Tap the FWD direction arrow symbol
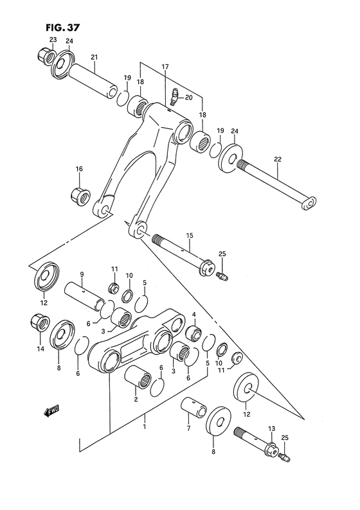coord(52,412)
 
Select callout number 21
coord(94,58)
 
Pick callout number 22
coord(277,159)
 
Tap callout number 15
coord(190,235)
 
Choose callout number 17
coord(165,66)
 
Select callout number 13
coord(271,428)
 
